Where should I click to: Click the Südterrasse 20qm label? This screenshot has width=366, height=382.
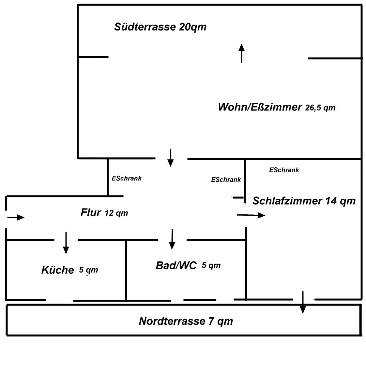[x=160, y=27]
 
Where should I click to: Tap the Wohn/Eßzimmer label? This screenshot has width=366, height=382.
[x=260, y=107]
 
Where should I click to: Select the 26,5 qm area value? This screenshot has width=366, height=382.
[x=320, y=108]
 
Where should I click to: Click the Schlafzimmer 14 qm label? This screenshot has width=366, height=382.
[x=304, y=201]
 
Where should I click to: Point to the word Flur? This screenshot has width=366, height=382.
[x=91, y=212]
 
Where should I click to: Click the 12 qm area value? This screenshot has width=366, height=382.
[x=116, y=213]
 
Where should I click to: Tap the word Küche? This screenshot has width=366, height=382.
[x=58, y=270]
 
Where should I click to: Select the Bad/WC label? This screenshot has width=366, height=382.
[x=176, y=265]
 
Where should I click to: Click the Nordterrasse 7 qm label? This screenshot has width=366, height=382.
[x=186, y=321]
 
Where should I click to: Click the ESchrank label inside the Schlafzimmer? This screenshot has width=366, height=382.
[x=284, y=170]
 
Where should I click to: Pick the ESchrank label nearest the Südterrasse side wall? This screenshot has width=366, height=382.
[x=127, y=178]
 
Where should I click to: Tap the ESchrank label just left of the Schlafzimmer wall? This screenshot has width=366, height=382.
[x=226, y=179]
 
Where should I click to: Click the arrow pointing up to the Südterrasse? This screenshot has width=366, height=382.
[x=241, y=53]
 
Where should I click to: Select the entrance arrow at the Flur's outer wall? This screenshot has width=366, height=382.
[x=16, y=217]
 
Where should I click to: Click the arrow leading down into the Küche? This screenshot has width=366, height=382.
[x=66, y=243]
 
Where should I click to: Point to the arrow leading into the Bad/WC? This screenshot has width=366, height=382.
[x=172, y=239]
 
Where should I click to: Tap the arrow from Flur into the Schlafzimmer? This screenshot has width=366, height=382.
[x=251, y=215]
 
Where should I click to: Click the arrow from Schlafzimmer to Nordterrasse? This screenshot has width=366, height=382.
[x=303, y=302]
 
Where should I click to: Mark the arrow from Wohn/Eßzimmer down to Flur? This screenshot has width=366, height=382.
[x=171, y=158]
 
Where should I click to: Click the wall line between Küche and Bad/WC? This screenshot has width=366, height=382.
[x=126, y=271]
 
